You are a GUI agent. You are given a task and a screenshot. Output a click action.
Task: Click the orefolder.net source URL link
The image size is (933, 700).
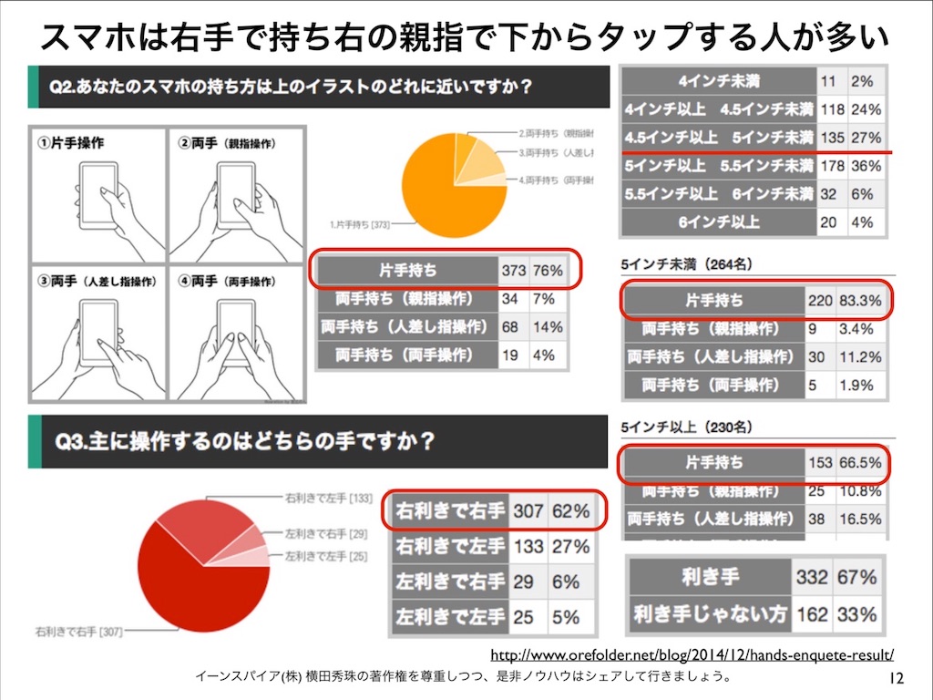tap(692, 654)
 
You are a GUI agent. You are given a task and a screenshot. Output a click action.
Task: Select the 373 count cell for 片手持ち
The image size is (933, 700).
tap(514, 271)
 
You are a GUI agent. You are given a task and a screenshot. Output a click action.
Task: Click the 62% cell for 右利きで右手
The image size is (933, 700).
tap(570, 511)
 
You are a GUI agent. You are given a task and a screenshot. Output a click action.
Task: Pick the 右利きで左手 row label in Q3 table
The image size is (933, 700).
tap(450, 547)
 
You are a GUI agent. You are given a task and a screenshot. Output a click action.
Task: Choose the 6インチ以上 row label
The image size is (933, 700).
tap(718, 222)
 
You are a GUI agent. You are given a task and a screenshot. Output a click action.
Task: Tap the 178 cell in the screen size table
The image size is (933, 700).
tap(833, 166)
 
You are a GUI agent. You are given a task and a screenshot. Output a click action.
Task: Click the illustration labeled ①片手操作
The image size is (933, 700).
tap(97, 197)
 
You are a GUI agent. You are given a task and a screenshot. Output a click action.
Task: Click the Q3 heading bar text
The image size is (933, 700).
tap(246, 442)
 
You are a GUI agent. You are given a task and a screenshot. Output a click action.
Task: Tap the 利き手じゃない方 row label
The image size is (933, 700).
tap(711, 613)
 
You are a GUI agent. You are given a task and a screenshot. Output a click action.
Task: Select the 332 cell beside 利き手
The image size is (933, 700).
tap(811, 577)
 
